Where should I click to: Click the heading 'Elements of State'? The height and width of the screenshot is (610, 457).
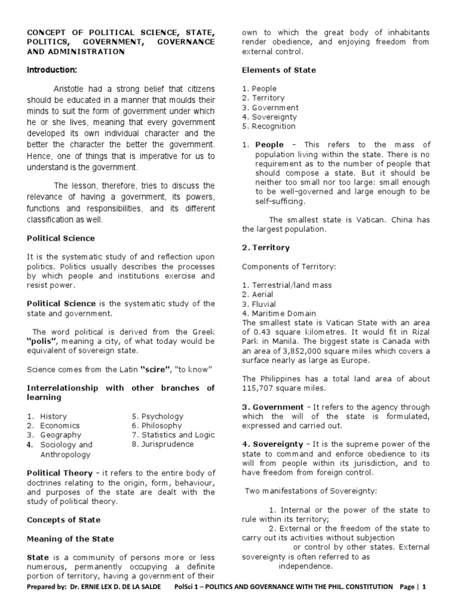(x=278, y=70)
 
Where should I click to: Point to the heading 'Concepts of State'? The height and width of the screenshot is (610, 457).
(x=64, y=520)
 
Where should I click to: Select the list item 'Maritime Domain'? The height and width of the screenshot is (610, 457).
(x=283, y=313)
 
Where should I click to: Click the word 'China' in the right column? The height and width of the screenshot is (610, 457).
(x=404, y=219)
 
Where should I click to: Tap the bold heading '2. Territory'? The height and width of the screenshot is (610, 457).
(x=265, y=247)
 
